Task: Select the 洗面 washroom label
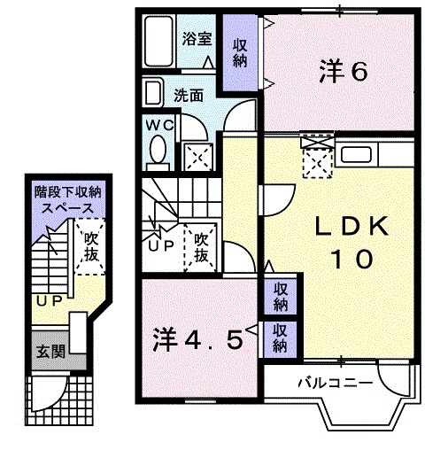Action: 188,95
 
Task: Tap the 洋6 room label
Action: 342,71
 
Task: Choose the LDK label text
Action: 348,228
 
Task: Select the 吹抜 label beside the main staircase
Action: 201,246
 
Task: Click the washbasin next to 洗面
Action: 153,94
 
